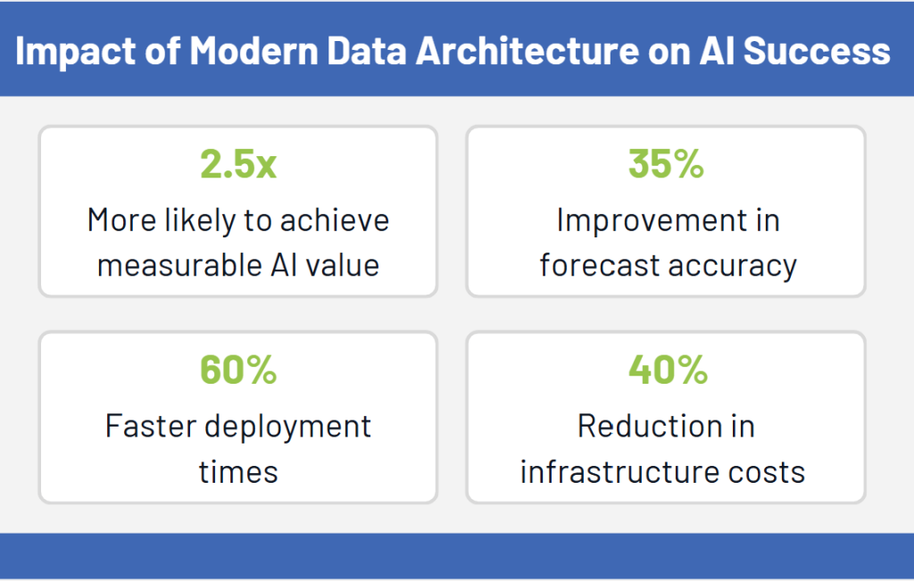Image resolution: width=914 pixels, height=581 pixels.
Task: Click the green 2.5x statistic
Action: click(238, 165)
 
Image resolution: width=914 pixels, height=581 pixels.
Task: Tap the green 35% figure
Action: click(666, 165)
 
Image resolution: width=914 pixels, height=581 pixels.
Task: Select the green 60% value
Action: click(238, 370)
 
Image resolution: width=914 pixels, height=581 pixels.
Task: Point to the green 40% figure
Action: click(666, 370)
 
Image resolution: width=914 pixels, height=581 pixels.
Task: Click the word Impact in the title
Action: click(71, 52)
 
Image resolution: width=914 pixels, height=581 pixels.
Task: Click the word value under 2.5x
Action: click(345, 266)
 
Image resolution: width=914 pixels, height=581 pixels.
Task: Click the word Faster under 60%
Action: click(149, 426)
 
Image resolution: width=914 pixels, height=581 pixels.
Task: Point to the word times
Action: click(238, 471)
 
